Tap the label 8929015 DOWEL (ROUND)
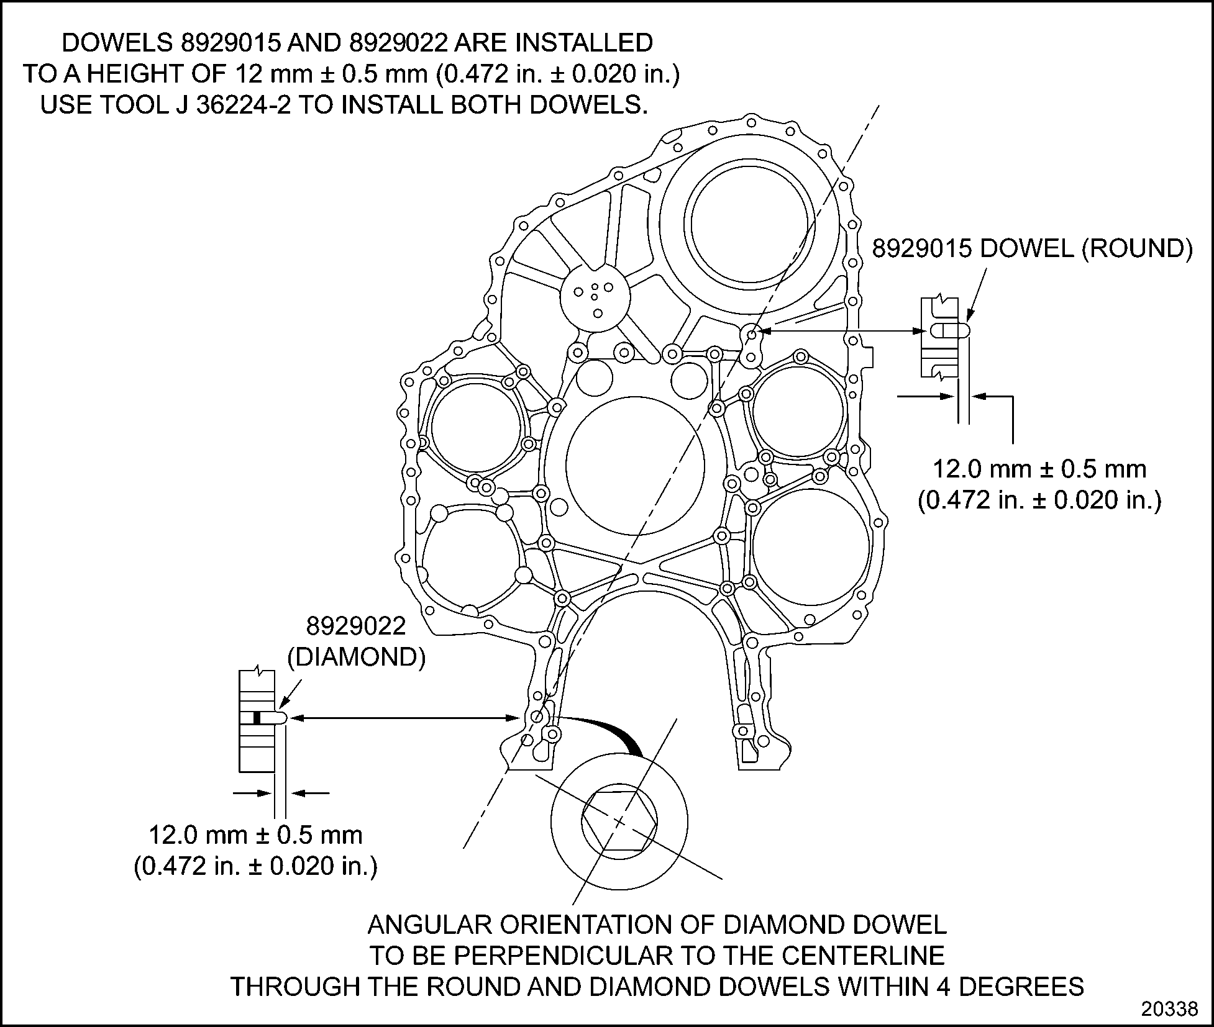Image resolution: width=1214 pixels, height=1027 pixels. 1032,248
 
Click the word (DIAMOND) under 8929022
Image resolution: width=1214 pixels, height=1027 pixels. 357,657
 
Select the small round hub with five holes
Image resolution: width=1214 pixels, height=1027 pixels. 595,296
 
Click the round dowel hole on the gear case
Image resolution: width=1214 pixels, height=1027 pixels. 751,335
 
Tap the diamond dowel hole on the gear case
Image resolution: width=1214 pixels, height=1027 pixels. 538,717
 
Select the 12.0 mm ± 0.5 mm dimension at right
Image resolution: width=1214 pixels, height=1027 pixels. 1039,469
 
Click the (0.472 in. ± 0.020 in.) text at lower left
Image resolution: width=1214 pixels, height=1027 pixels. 255,866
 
